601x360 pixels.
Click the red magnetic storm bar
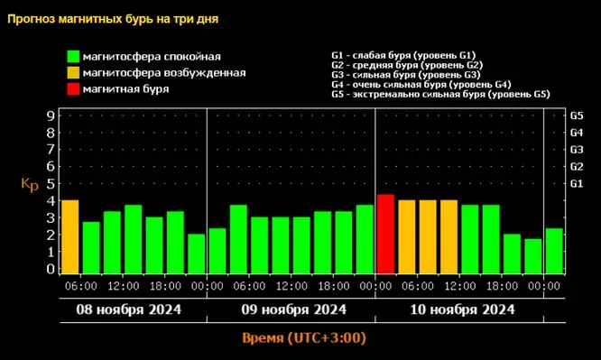click(385, 233)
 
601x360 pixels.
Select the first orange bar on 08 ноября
click(69, 235)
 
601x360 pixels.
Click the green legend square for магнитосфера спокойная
click(72, 57)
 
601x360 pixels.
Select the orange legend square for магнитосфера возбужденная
click(72, 73)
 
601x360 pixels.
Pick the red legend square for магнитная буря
click(72, 89)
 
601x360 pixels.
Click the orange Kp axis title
click(29, 184)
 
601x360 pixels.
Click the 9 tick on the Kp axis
click(51, 115)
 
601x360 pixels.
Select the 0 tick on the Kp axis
click(51, 268)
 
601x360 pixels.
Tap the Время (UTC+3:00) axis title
click(304, 338)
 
